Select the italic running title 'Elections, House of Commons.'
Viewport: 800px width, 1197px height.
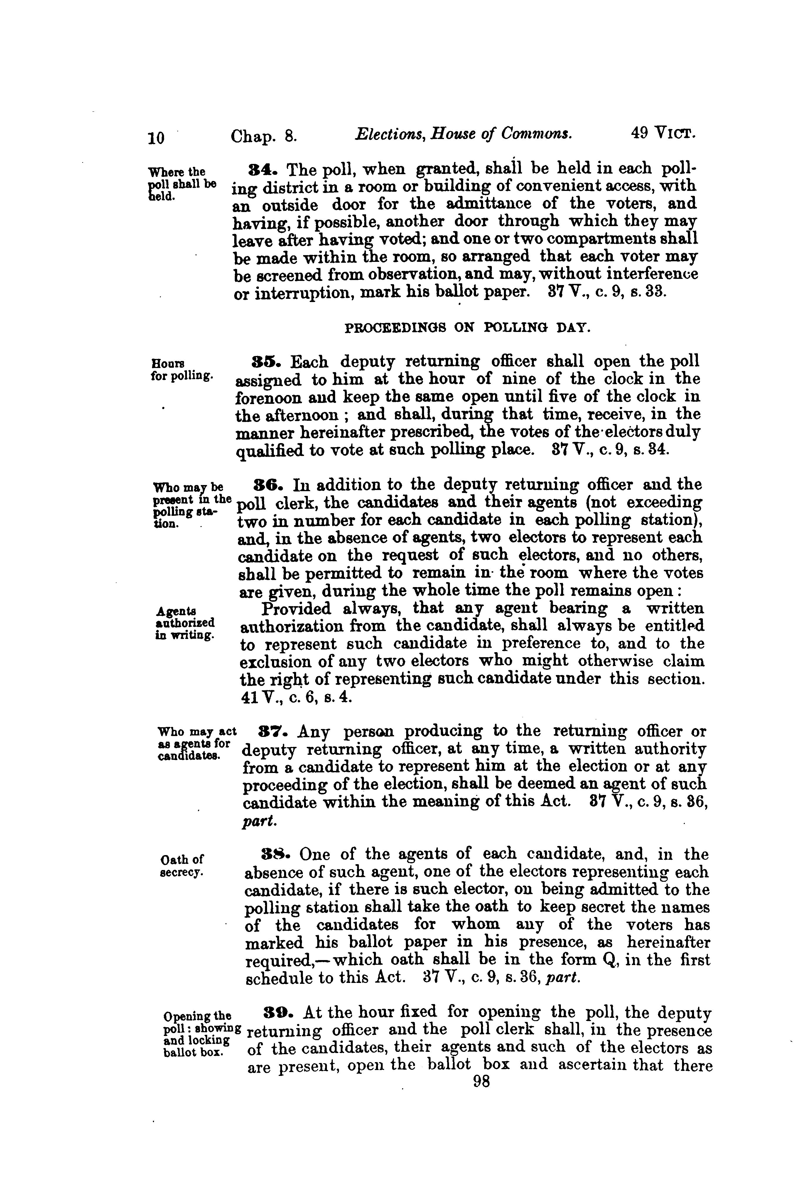(463, 135)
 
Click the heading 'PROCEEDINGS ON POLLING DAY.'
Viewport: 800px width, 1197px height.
(468, 328)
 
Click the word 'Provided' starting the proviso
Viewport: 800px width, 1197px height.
(296, 609)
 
